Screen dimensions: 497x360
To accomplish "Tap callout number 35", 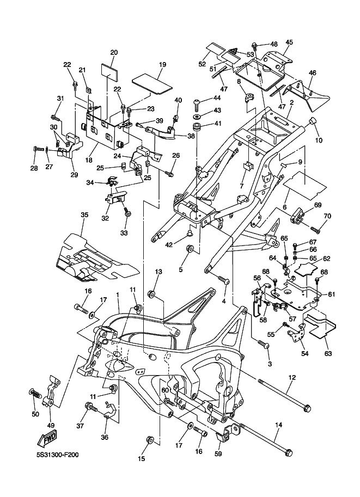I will (84, 215).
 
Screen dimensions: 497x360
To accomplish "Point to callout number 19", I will (162, 64).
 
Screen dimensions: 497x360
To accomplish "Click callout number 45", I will (289, 42).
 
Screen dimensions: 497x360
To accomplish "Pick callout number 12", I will (291, 377).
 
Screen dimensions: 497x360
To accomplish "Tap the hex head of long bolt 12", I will (307, 408).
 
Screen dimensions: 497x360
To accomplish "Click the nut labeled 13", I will (151, 294).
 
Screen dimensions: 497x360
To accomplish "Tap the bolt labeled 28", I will (38, 148).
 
